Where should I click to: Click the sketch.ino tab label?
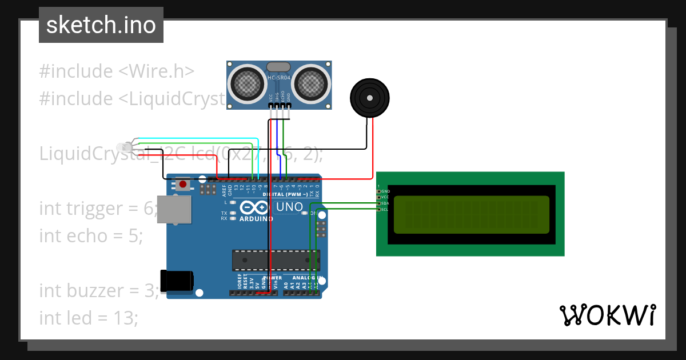click(x=101, y=25)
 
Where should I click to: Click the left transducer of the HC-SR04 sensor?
click(x=247, y=83)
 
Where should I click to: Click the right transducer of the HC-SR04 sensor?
click(x=313, y=83)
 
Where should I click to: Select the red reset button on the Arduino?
click(x=183, y=185)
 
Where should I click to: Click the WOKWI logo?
click(x=607, y=315)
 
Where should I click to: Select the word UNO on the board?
click(x=290, y=207)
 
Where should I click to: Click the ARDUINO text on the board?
click(x=256, y=219)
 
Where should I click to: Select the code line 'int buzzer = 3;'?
click(x=99, y=290)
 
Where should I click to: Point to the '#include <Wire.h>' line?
click(x=117, y=71)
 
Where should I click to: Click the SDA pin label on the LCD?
click(x=385, y=203)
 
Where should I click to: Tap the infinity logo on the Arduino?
click(x=256, y=207)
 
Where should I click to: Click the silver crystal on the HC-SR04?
click(x=280, y=67)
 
